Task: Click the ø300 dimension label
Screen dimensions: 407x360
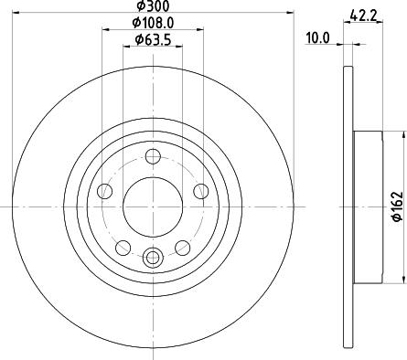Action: [x=153, y=5]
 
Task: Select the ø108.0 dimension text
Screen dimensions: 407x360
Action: [x=153, y=23]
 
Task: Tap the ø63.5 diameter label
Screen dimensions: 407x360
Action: [x=153, y=39]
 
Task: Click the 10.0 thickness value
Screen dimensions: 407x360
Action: [x=318, y=38]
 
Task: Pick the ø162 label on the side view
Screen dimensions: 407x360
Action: [x=398, y=206]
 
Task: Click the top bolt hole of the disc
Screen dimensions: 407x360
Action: [x=153, y=156]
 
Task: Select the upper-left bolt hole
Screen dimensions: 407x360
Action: [x=104, y=191]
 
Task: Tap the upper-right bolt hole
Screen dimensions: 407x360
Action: [x=201, y=191]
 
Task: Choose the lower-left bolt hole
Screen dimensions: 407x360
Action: [x=123, y=248]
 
